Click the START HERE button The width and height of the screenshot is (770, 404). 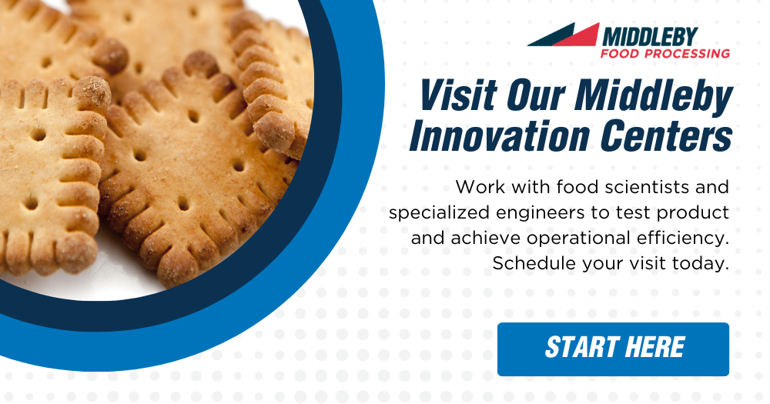613,349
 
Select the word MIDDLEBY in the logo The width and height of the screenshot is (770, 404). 650,37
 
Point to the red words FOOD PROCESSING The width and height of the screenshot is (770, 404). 665,54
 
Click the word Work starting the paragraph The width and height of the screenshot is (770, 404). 480,187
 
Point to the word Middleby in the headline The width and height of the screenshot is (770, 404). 654,95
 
